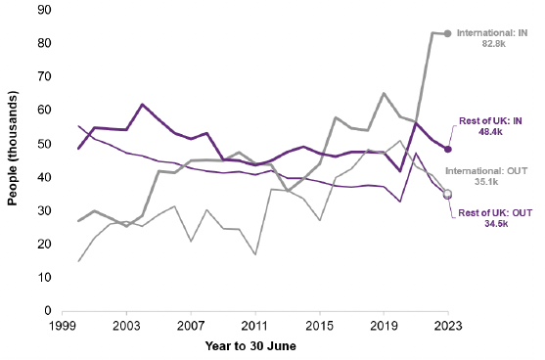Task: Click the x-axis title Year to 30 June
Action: point(252,347)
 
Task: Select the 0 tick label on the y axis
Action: point(48,311)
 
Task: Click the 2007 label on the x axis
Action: point(190,325)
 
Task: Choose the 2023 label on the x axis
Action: point(447,325)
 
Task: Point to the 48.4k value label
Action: point(491,131)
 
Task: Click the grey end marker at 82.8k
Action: point(447,33)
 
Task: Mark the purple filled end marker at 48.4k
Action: point(447,149)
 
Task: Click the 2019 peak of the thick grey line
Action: point(384,94)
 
